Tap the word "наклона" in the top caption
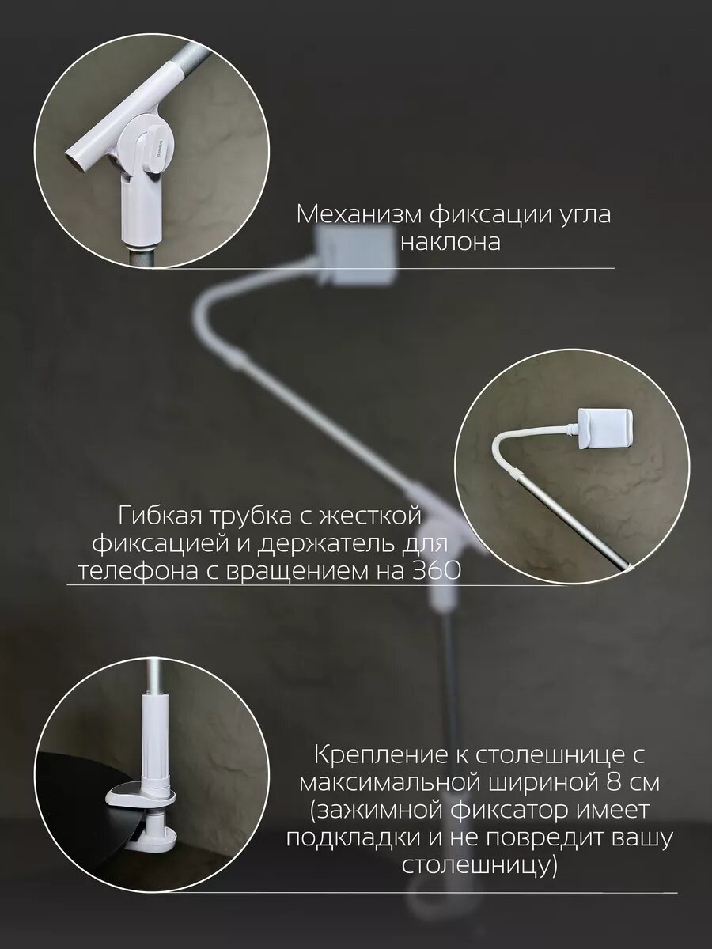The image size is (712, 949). pyautogui.click(x=450, y=242)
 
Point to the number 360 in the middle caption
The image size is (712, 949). pyautogui.click(x=435, y=569)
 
